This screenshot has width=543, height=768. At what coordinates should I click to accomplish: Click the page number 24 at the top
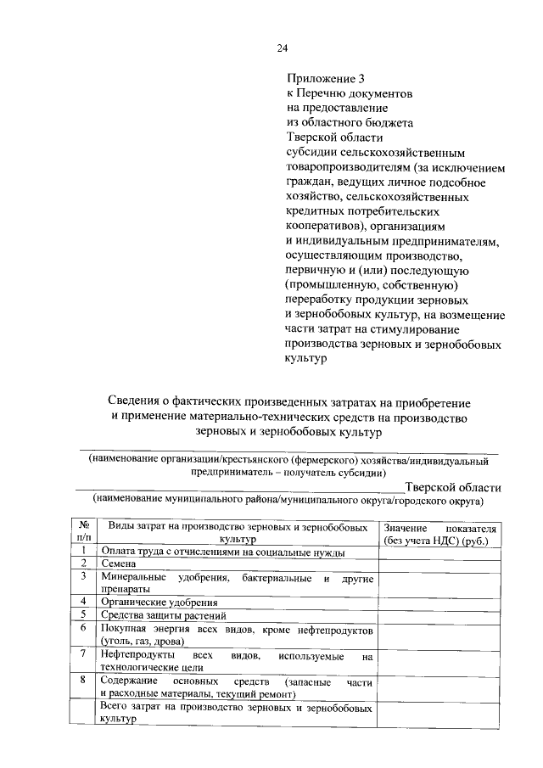[281, 48]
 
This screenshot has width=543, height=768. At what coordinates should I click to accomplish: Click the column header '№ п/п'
[84, 532]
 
